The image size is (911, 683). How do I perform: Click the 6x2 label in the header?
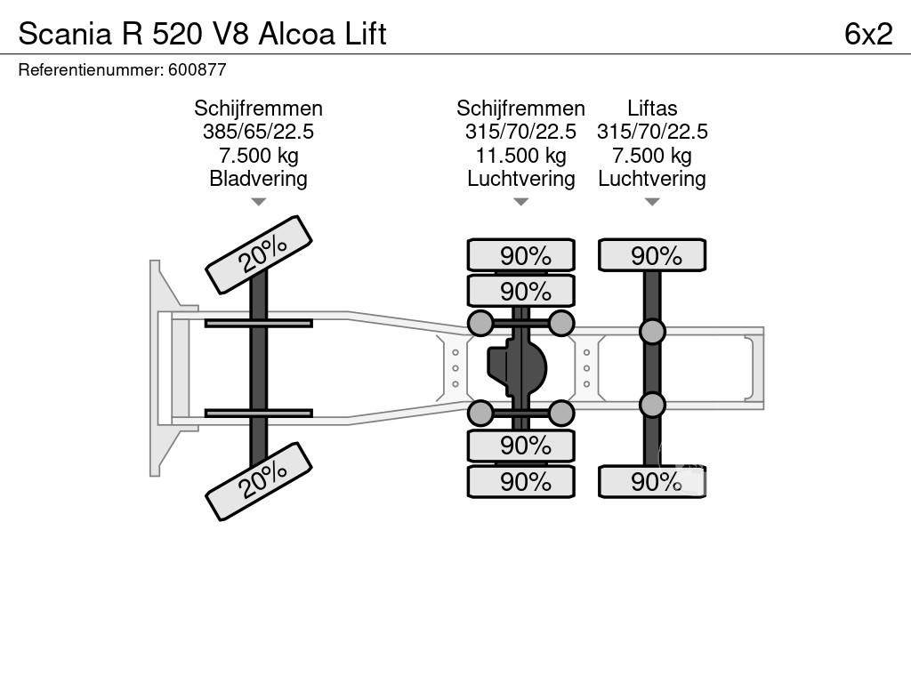point(868,34)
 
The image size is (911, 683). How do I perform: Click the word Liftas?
point(652,108)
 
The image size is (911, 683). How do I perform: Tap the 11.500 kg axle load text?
point(520,156)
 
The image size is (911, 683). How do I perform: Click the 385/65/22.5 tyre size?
point(258,132)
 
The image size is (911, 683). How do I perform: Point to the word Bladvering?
point(258,179)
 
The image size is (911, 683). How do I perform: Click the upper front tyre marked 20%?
point(259,254)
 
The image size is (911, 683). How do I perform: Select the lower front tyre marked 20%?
point(259,481)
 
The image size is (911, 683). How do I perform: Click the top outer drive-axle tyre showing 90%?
point(521,255)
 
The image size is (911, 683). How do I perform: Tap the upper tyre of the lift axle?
point(652,255)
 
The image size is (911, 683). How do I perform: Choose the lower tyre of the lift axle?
point(652,481)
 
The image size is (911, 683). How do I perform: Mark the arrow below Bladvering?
point(258,202)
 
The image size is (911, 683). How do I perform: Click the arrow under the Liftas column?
point(652,202)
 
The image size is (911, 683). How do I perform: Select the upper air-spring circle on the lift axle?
point(652,332)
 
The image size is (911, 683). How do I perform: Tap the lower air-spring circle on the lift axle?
point(652,405)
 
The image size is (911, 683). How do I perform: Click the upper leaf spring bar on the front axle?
point(258,323)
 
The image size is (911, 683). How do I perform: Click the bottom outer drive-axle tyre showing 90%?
point(521,481)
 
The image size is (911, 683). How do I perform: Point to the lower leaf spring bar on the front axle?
point(258,413)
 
